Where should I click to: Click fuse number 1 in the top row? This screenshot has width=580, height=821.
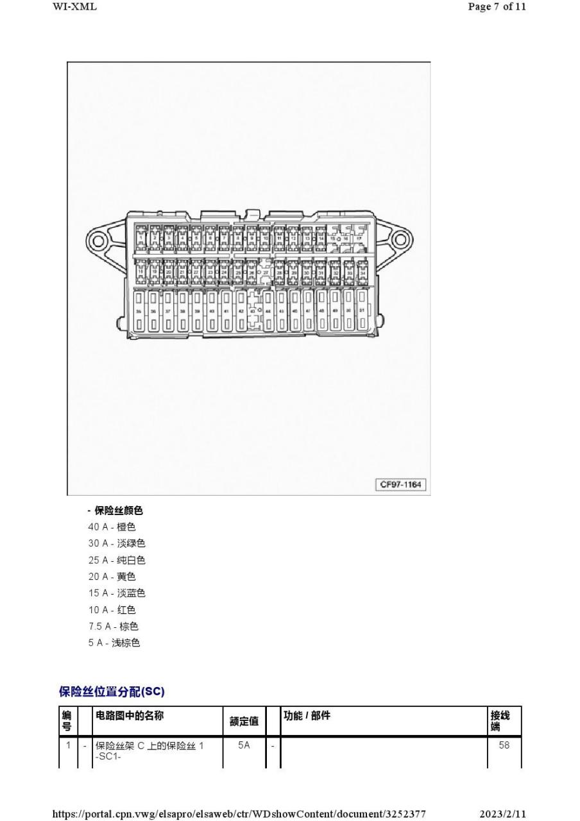141,238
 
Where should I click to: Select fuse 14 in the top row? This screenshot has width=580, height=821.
321,238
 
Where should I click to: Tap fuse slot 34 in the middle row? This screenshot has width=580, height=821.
363,272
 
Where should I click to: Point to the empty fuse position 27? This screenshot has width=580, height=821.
265,272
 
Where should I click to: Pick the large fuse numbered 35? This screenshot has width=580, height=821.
139,310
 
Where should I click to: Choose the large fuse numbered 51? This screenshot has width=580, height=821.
362,310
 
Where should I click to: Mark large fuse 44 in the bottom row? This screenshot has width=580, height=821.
268,310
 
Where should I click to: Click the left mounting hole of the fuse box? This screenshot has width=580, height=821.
98,242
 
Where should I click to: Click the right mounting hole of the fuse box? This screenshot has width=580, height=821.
399,241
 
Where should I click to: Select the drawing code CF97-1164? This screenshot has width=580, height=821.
401,484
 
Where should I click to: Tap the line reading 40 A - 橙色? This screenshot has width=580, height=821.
112,527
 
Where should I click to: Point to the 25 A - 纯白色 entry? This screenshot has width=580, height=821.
117,560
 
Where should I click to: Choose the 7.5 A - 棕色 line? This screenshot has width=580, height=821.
114,626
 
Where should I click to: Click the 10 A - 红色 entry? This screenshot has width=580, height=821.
112,609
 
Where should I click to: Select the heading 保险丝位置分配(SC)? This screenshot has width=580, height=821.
112,691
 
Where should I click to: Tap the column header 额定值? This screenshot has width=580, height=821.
244,722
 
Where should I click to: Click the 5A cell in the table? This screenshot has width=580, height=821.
244,745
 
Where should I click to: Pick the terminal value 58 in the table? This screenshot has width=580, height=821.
504,745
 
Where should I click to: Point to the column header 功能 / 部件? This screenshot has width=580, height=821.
307,716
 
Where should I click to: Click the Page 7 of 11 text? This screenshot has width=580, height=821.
497,6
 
